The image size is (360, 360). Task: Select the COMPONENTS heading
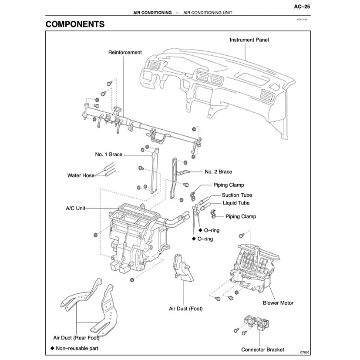pyautogui.click(x=75, y=24)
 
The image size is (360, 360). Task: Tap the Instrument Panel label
pyautogui.click(x=249, y=40)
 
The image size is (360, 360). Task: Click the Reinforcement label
pyautogui.click(x=125, y=52)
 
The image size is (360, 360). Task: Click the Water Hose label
pyautogui.click(x=81, y=176)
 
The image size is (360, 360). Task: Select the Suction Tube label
pyautogui.click(x=237, y=195)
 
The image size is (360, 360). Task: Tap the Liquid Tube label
pyautogui.click(x=236, y=203)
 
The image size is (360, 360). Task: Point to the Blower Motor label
pyautogui.click(x=278, y=303)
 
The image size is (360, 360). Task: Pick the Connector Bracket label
pyautogui.click(x=262, y=350)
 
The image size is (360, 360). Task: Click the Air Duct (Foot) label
pyautogui.click(x=185, y=309)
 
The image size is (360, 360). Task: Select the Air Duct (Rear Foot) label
pyautogui.click(x=76, y=337)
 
